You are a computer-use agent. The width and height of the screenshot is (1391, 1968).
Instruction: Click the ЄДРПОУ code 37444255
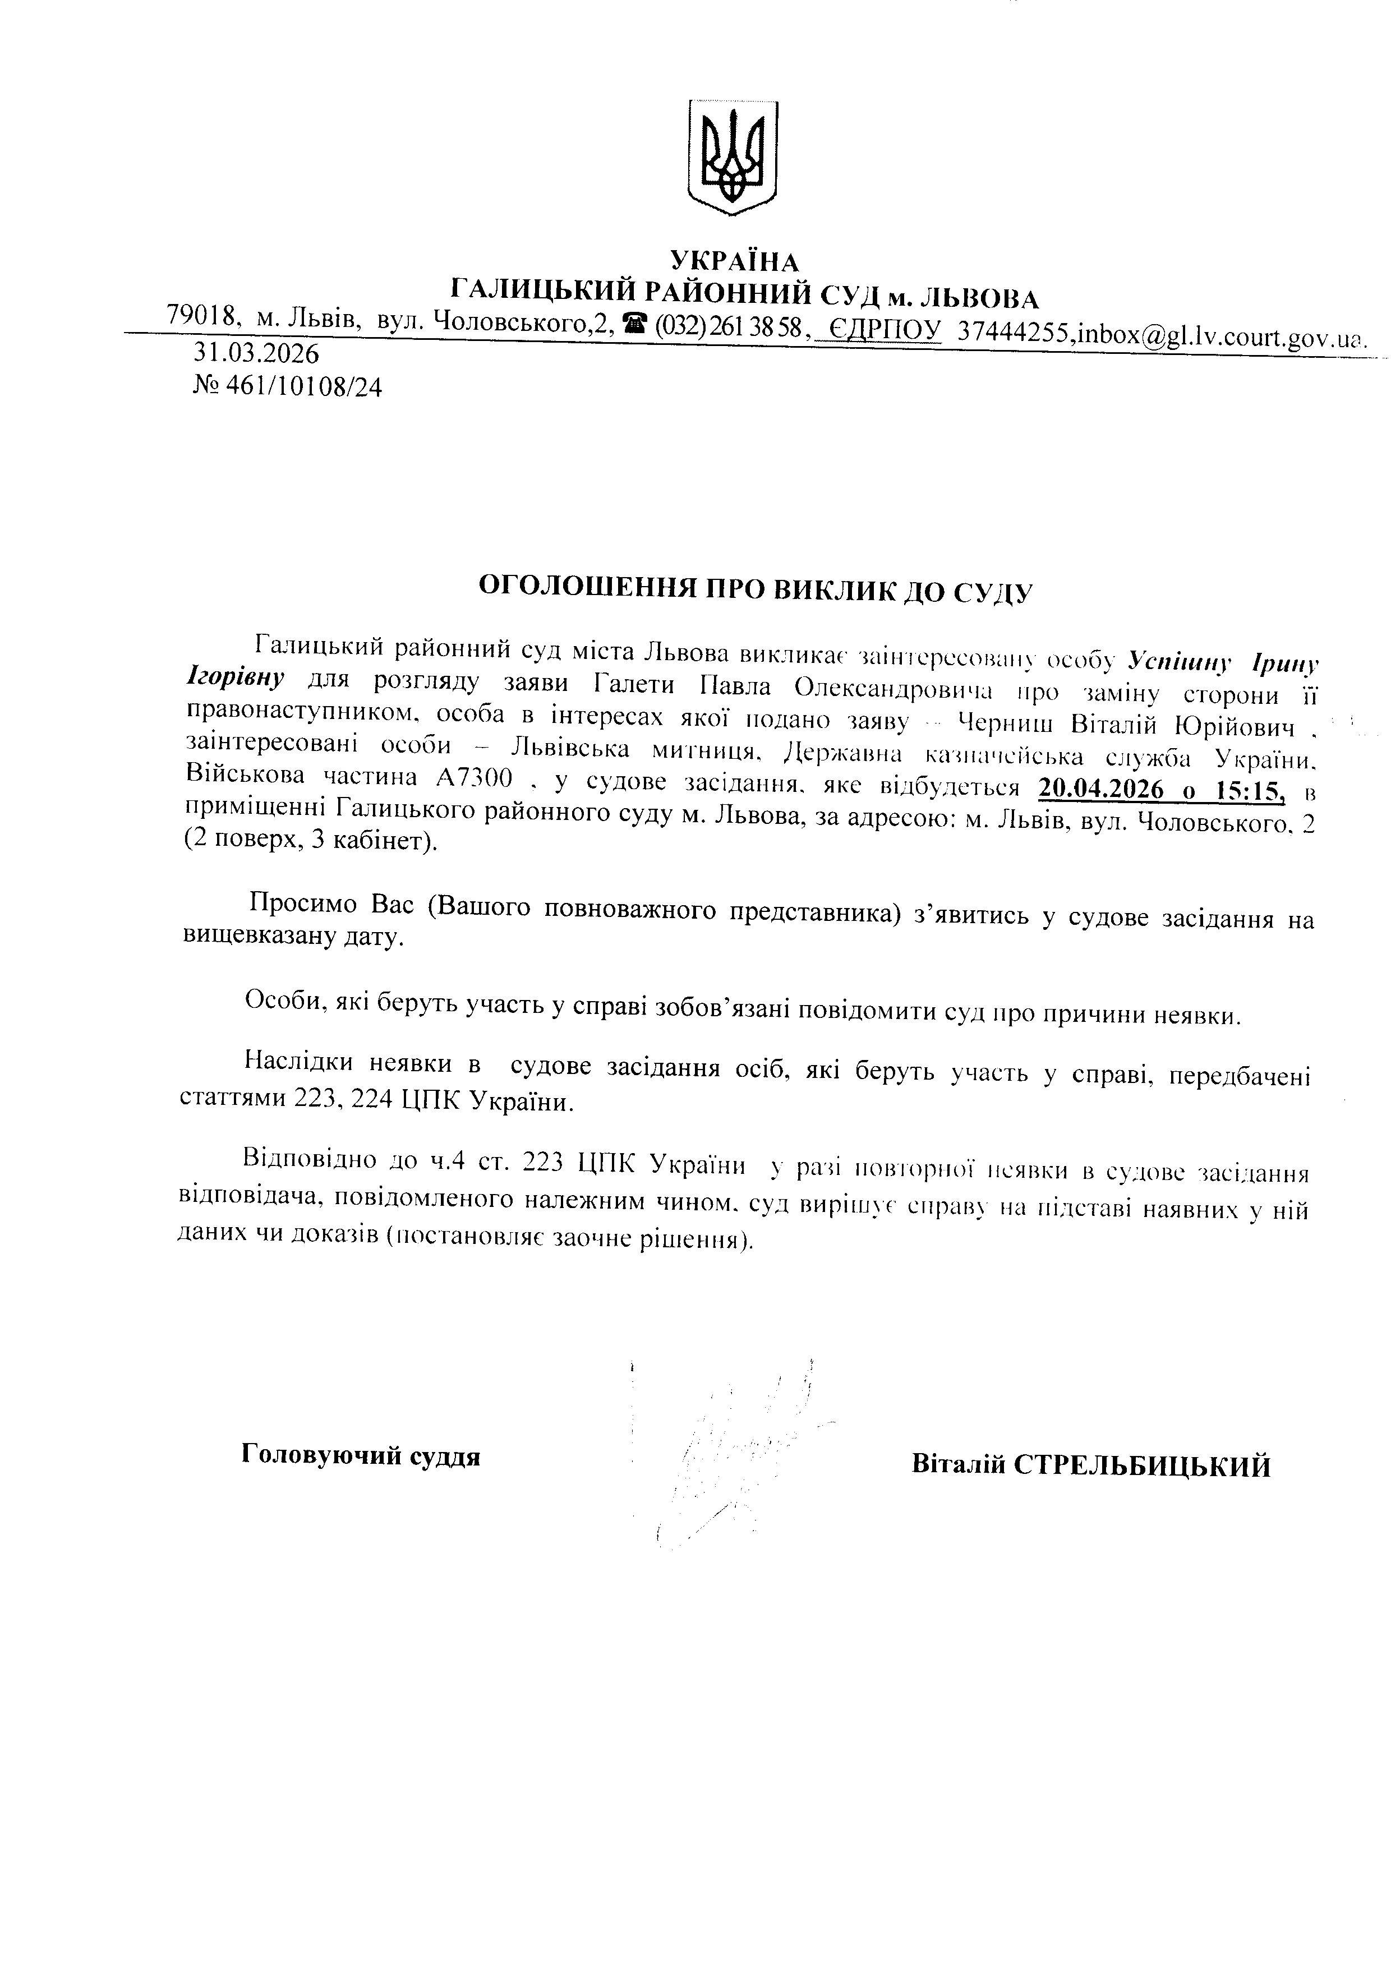point(1016,331)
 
